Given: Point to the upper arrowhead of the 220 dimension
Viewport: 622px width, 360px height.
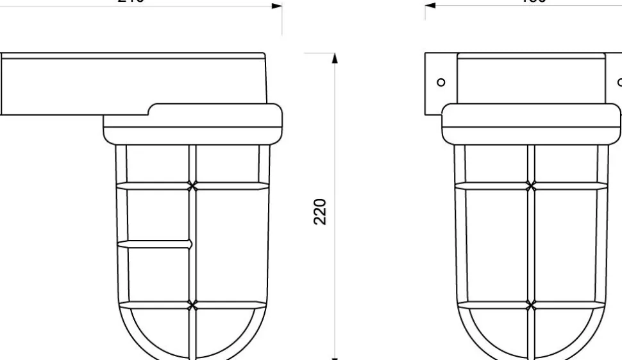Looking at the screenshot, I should coord(334,58).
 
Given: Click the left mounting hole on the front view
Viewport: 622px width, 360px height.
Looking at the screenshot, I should coord(441,82).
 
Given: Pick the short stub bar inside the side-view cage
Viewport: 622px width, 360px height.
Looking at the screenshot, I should coord(157,244).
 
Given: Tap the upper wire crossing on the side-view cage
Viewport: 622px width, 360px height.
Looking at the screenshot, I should coord(192,186).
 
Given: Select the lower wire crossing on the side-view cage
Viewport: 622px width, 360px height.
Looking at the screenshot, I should coord(192,304).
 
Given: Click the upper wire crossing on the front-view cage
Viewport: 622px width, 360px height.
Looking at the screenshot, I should coord(530,186).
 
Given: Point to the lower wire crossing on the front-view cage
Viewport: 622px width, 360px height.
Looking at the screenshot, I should coord(530,304).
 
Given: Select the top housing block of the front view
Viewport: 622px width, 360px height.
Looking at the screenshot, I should coord(531,77).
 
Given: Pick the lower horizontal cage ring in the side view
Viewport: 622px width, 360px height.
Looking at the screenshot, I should coord(231,304).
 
